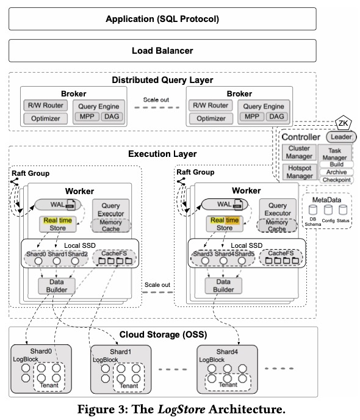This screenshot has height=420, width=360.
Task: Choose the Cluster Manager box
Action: pyautogui.click(x=298, y=153)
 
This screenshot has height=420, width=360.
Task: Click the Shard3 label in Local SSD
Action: pyautogui.click(x=204, y=254)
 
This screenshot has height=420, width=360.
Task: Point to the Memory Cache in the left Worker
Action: pyautogui.click(x=110, y=225)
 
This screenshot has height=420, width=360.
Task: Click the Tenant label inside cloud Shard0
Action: pyautogui.click(x=48, y=386)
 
